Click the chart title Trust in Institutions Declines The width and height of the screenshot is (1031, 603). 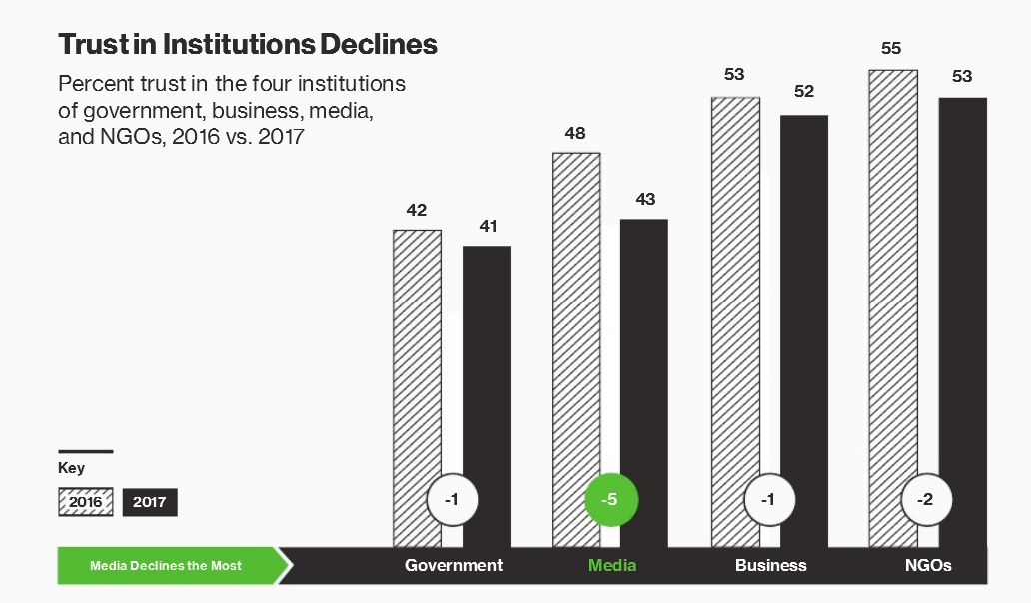tap(248, 44)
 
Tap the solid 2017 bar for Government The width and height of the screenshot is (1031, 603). tap(487, 389)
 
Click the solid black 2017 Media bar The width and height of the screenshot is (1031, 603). tap(644, 379)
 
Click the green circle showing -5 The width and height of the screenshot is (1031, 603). tap(610, 500)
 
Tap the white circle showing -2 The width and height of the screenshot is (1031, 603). tap(926, 500)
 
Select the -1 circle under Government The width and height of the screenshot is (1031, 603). tap(452, 500)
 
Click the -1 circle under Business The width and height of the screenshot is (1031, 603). tap(768, 500)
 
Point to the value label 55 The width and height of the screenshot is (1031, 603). tap(892, 48)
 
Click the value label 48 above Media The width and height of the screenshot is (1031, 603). tap(575, 133)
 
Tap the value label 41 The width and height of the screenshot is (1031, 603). tap(488, 226)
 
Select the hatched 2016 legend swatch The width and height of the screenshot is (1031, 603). tap(85, 501)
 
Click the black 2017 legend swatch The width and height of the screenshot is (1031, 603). tap(150, 501)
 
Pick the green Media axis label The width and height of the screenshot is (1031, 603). tap(612, 565)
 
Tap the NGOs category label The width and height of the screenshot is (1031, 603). tap(927, 565)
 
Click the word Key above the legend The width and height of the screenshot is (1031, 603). tap(71, 468)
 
